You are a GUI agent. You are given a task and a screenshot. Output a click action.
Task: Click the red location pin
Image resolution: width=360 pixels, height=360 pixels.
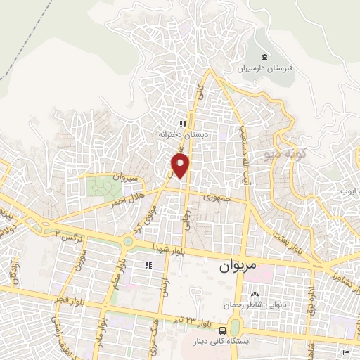click(181, 166)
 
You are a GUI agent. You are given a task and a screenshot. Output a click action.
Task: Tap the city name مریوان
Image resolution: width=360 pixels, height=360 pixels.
click(230, 267)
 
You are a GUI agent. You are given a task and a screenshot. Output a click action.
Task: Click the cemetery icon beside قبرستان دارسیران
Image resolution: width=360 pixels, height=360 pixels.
click(264, 57)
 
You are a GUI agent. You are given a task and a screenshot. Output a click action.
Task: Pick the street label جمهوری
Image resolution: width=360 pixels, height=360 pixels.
click(218, 198)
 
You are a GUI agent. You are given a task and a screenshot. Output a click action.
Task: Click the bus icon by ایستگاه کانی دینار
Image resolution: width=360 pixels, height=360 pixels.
click(222, 330)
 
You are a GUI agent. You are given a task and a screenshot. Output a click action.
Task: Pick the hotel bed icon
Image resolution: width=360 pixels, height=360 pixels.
click(345, 351)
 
